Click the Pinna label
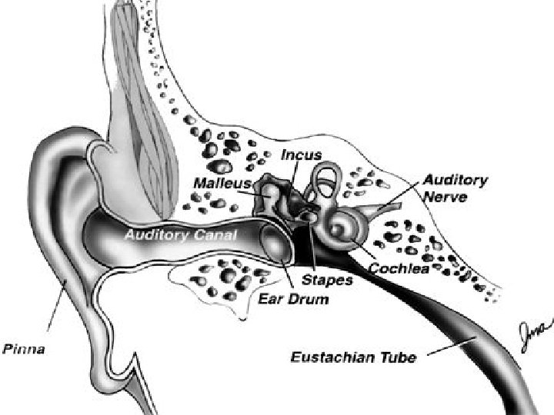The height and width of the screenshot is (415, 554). coord(24,350)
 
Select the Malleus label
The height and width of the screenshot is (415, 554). coord(222,183)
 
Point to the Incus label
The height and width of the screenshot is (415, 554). coord(301,156)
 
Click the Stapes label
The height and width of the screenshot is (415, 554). coord(327,280)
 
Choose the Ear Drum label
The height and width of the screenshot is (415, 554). coord(293,298)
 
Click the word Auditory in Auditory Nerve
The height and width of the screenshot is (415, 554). coord(455,180)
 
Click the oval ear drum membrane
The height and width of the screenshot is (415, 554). coord(275,242)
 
